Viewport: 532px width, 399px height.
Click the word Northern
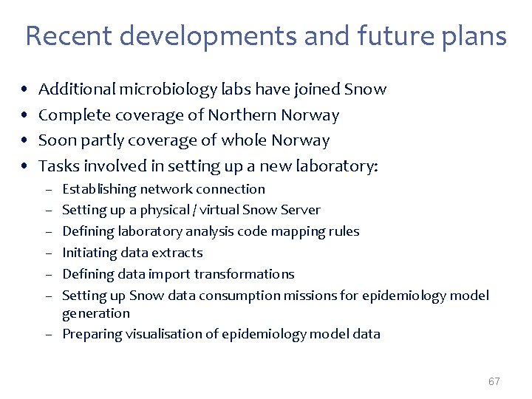(x=238, y=115)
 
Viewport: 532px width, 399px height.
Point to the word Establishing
(x=100, y=189)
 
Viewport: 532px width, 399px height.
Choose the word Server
(x=300, y=211)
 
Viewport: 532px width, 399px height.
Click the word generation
(x=96, y=313)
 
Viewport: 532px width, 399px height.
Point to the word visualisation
(x=162, y=334)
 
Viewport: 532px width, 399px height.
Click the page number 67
(x=494, y=381)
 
